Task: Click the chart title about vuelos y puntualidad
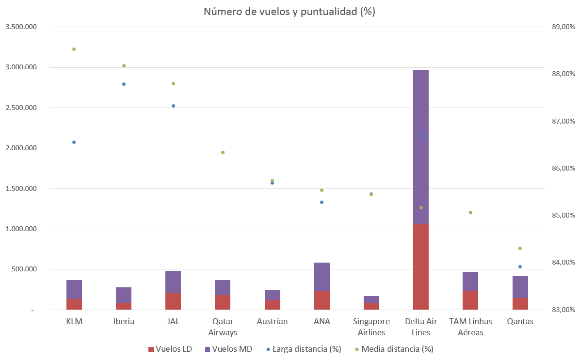289,12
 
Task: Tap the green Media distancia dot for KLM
74,49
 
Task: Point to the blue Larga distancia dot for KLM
74,142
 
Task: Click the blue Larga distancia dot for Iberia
124,84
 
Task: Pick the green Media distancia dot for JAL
173,83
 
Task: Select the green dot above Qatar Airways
223,152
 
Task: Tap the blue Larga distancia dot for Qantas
520,266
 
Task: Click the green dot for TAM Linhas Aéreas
470,212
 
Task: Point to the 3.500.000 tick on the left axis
20,27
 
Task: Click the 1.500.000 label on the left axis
20,188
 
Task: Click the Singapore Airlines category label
371,327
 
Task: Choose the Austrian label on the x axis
272,321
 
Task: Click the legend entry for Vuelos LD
169,349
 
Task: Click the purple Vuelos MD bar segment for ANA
322,277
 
